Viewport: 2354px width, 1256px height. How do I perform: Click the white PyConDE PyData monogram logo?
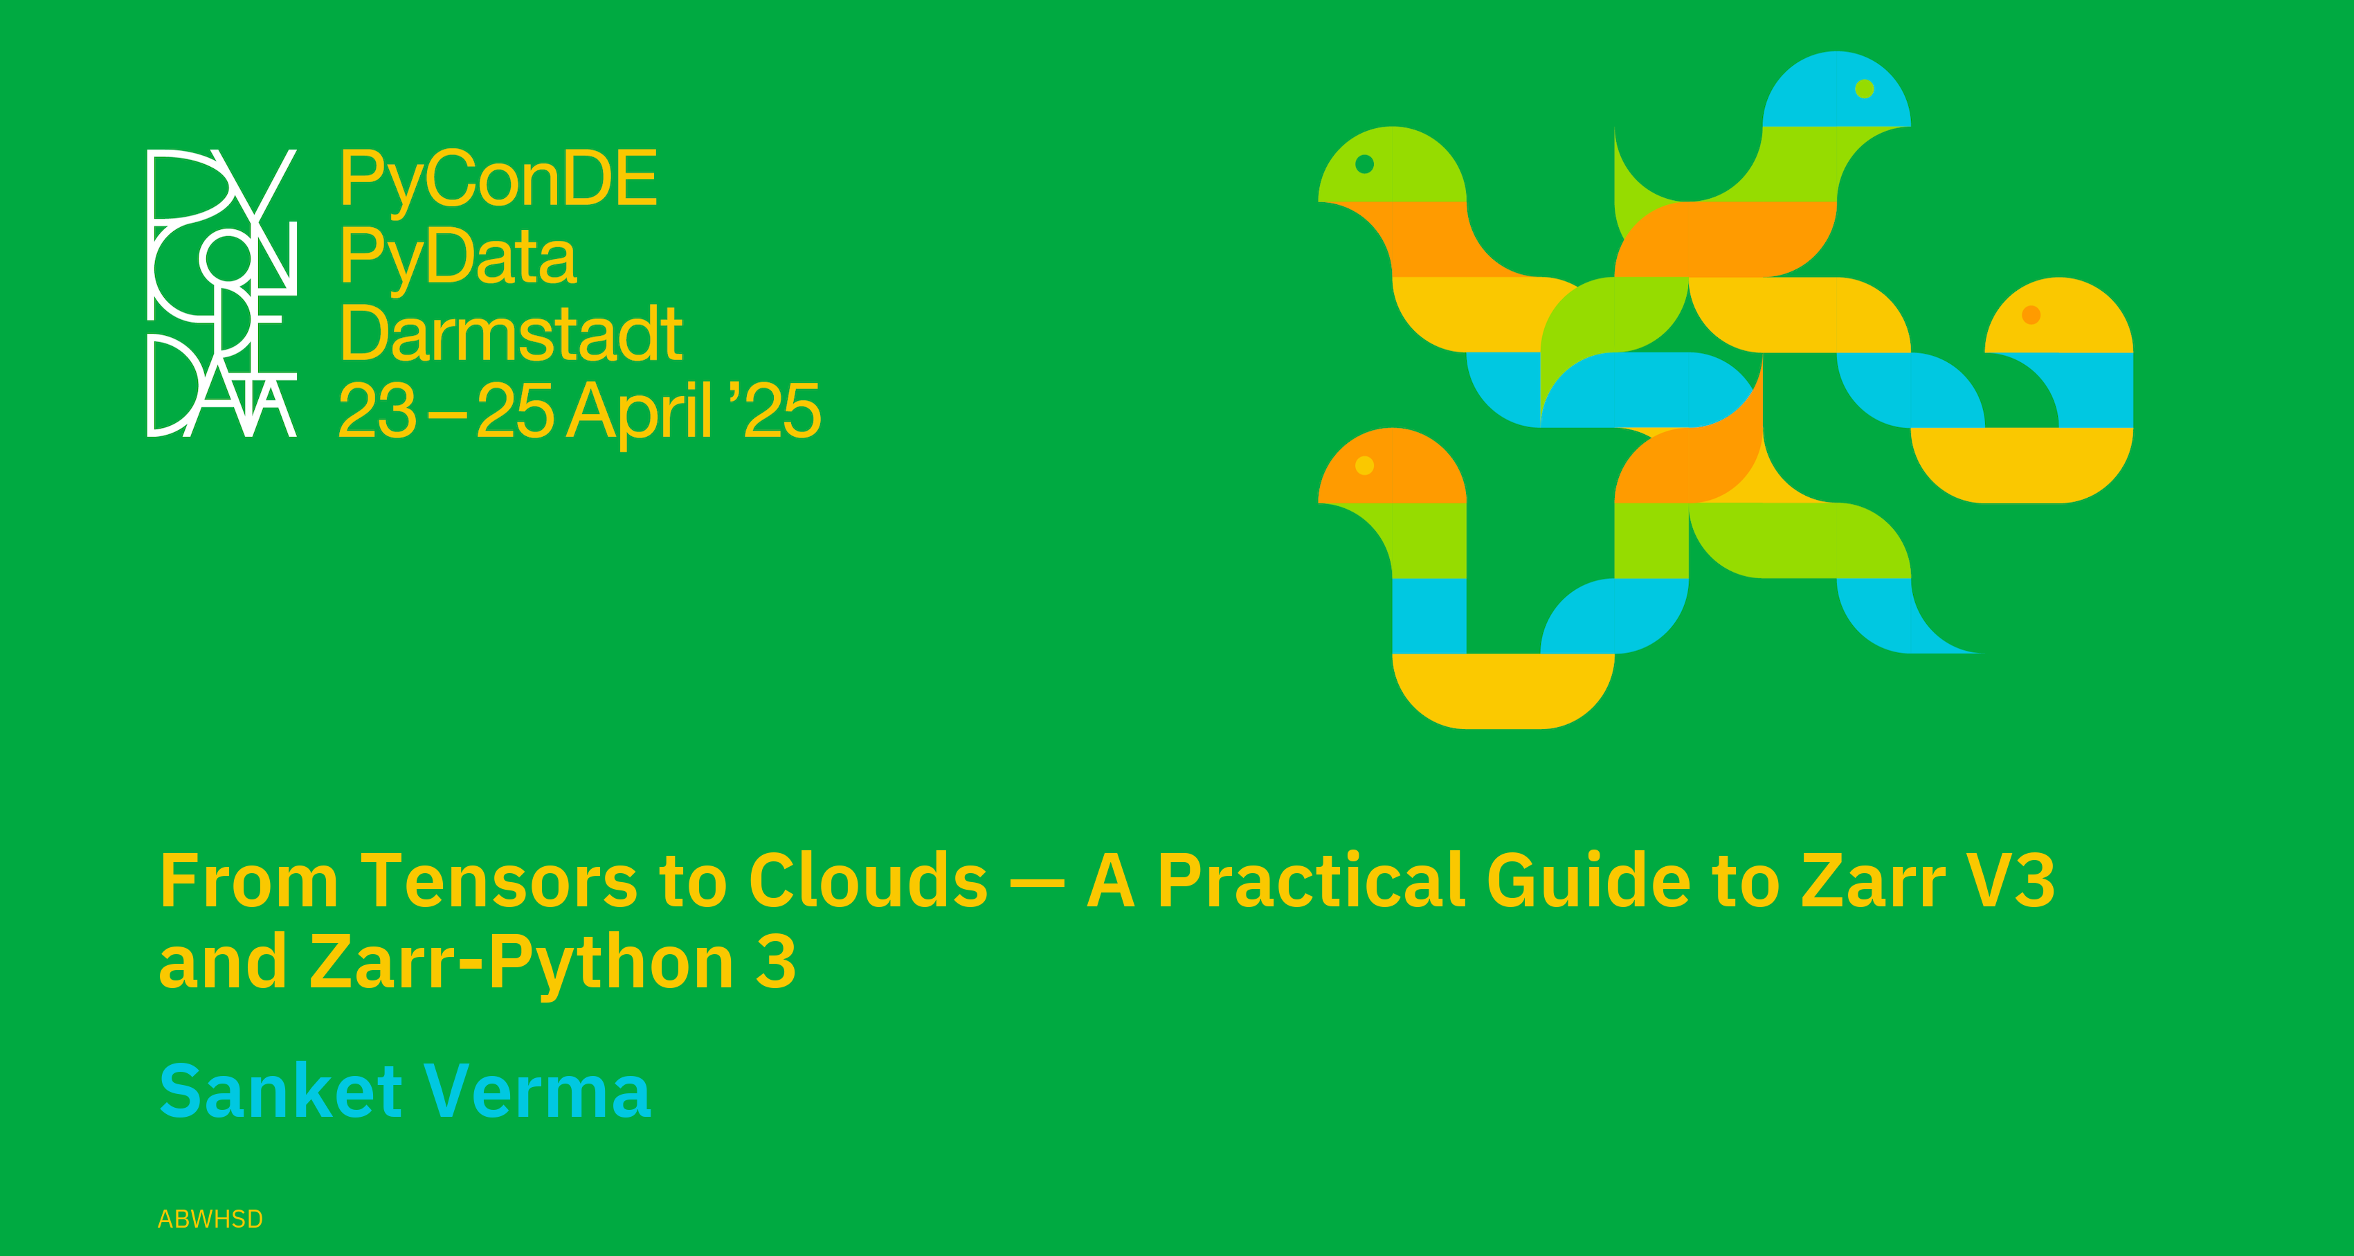point(222,292)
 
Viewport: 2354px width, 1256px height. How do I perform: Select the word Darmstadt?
point(511,334)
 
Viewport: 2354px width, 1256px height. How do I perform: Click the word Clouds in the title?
point(868,879)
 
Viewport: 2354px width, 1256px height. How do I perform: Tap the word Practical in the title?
point(1312,879)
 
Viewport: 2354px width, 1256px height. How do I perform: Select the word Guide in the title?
point(1589,879)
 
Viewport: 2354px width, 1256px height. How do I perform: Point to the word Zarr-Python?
point(522,965)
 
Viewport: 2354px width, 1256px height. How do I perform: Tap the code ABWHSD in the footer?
point(210,1219)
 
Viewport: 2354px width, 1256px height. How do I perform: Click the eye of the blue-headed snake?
point(1865,89)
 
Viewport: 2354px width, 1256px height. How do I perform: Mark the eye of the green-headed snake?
point(1364,163)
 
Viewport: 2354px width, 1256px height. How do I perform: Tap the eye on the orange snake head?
point(1364,465)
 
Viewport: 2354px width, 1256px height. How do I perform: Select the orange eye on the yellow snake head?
point(2031,315)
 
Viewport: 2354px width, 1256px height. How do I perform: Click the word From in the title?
point(249,880)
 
